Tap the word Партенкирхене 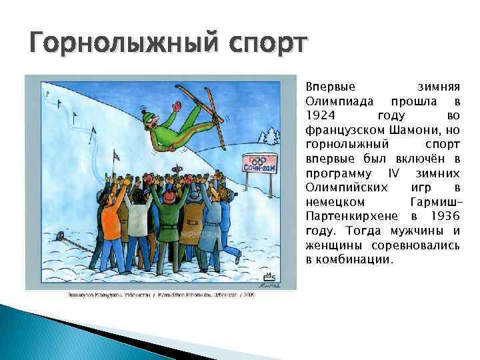[x=352, y=217]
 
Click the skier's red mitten [x=177, y=105]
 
